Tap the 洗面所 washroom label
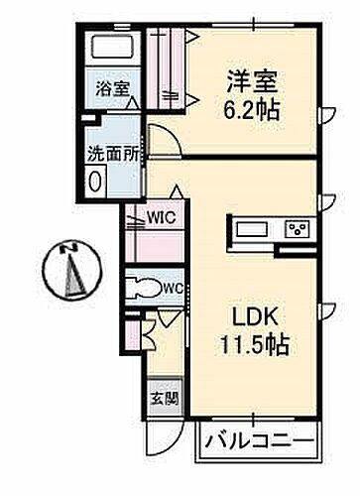point(103,155)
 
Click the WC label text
point(173,289)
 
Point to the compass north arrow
point(72,276)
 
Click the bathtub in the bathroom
point(114,47)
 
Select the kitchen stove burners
point(297,229)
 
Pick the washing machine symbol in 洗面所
point(95,182)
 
